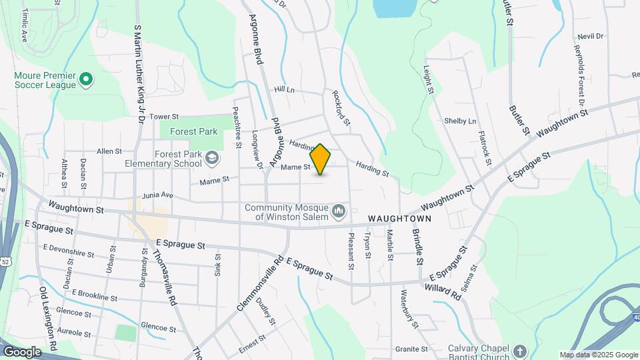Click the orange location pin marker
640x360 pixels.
321,159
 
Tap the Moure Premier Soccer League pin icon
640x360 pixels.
85,80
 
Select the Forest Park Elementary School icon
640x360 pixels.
212,159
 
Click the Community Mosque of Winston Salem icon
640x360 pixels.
339,212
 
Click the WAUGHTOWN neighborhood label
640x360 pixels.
399,219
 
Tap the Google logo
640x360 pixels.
22,351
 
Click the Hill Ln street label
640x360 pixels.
284,89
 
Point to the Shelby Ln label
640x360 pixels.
461,121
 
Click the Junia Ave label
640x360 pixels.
158,196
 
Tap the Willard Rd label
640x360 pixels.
442,291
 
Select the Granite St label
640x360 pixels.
411,349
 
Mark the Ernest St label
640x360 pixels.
253,340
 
